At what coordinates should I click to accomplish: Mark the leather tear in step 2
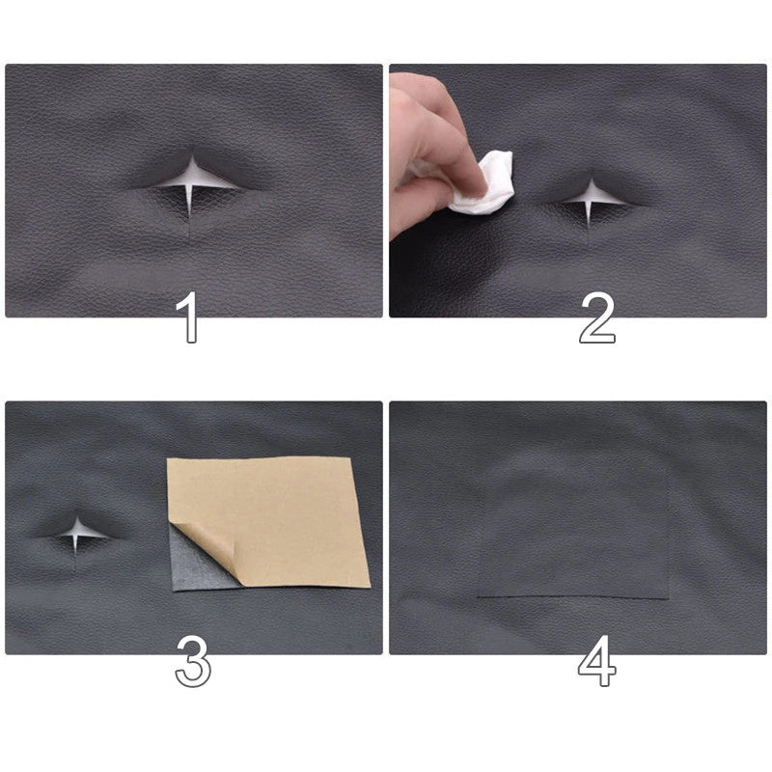pos(589,196)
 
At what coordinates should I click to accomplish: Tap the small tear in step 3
pos(76,530)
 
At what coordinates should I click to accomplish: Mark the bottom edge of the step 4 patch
pos(573,597)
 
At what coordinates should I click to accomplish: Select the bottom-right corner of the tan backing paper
pos(371,587)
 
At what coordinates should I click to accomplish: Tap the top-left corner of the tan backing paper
pos(168,458)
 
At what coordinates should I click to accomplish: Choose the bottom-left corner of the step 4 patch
pos(480,596)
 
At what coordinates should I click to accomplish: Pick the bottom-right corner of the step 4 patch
pos(668,598)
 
